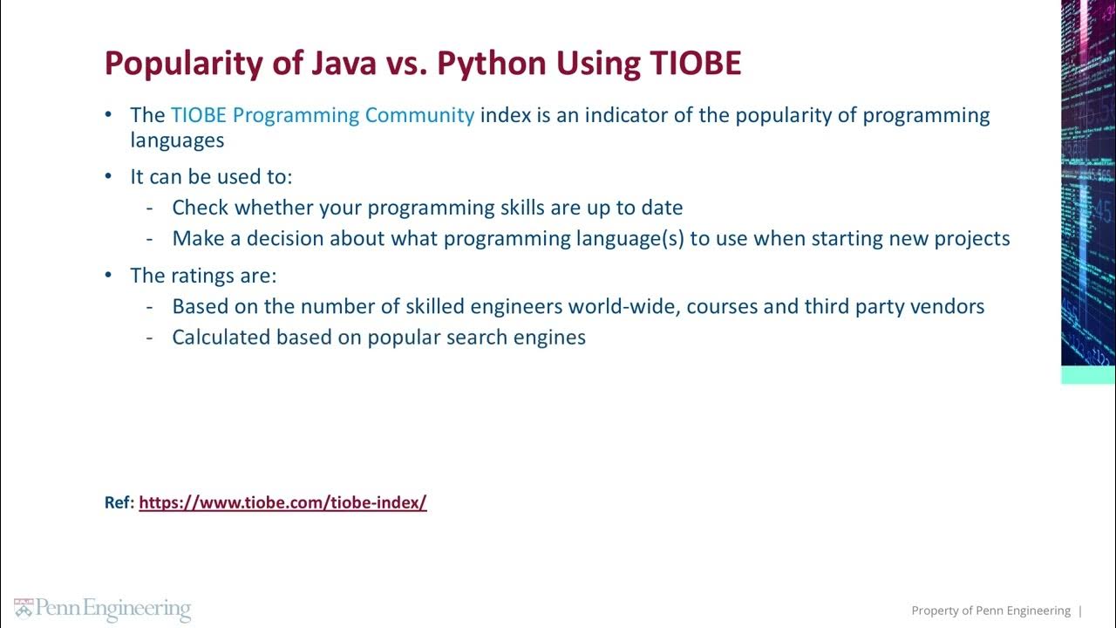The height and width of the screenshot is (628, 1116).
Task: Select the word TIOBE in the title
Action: pyautogui.click(x=695, y=64)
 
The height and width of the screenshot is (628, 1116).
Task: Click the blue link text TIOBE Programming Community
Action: pyautogui.click(x=323, y=115)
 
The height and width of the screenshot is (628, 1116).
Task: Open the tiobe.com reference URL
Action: pyautogui.click(x=282, y=502)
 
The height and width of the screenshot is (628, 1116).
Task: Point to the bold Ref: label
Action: pyautogui.click(x=119, y=502)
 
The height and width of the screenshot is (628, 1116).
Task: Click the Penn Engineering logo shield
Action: pyautogui.click(x=23, y=609)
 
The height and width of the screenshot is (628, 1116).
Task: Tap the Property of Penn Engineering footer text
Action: pyautogui.click(x=990, y=611)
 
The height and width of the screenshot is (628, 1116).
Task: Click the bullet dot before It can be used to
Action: pyautogui.click(x=109, y=176)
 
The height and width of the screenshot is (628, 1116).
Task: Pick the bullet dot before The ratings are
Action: pyautogui.click(x=109, y=276)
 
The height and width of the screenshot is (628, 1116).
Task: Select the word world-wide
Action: pyautogui.click(x=626, y=306)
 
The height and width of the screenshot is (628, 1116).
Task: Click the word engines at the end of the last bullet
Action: pyautogui.click(x=554, y=338)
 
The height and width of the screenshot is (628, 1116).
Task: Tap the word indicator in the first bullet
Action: pyautogui.click(x=626, y=115)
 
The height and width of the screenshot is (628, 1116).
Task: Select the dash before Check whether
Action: pyautogui.click(x=151, y=208)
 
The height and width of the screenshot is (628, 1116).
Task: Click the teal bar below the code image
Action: pyautogui.click(x=1087, y=375)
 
